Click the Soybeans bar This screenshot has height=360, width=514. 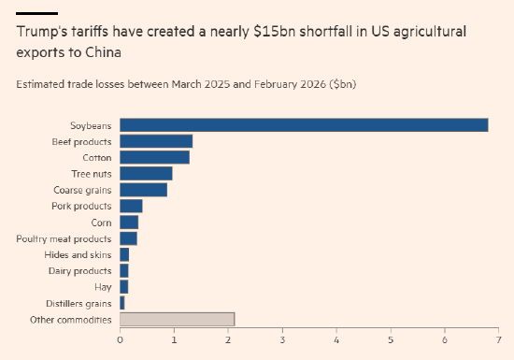pyautogui.click(x=304, y=125)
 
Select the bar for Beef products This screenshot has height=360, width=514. pyautogui.click(x=156, y=141)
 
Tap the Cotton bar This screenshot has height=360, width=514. pyautogui.click(x=155, y=157)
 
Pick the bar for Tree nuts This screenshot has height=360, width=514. pyautogui.click(x=146, y=173)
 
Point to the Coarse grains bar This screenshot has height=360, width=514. pyautogui.click(x=144, y=190)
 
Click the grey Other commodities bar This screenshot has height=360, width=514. pyautogui.click(x=178, y=320)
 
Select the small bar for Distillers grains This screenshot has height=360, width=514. pyautogui.click(x=122, y=303)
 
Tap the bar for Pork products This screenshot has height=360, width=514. pyautogui.click(x=131, y=206)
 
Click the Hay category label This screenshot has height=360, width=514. pyautogui.click(x=103, y=287)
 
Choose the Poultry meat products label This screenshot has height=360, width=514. pyautogui.click(x=64, y=238)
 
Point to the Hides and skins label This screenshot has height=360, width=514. pyautogui.click(x=78, y=254)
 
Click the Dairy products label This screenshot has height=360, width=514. pyautogui.click(x=80, y=271)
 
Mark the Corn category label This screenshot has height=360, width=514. pyautogui.click(x=101, y=223)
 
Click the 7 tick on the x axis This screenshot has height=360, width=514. pyautogui.click(x=499, y=340)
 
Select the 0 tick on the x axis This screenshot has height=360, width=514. pyautogui.click(x=120, y=340)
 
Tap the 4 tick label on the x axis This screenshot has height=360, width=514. pyautogui.click(x=336, y=340)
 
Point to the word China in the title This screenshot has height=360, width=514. pyautogui.click(x=103, y=52)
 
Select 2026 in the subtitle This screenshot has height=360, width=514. pyautogui.click(x=313, y=84)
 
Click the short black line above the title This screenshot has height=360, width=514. pyautogui.click(x=37, y=13)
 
